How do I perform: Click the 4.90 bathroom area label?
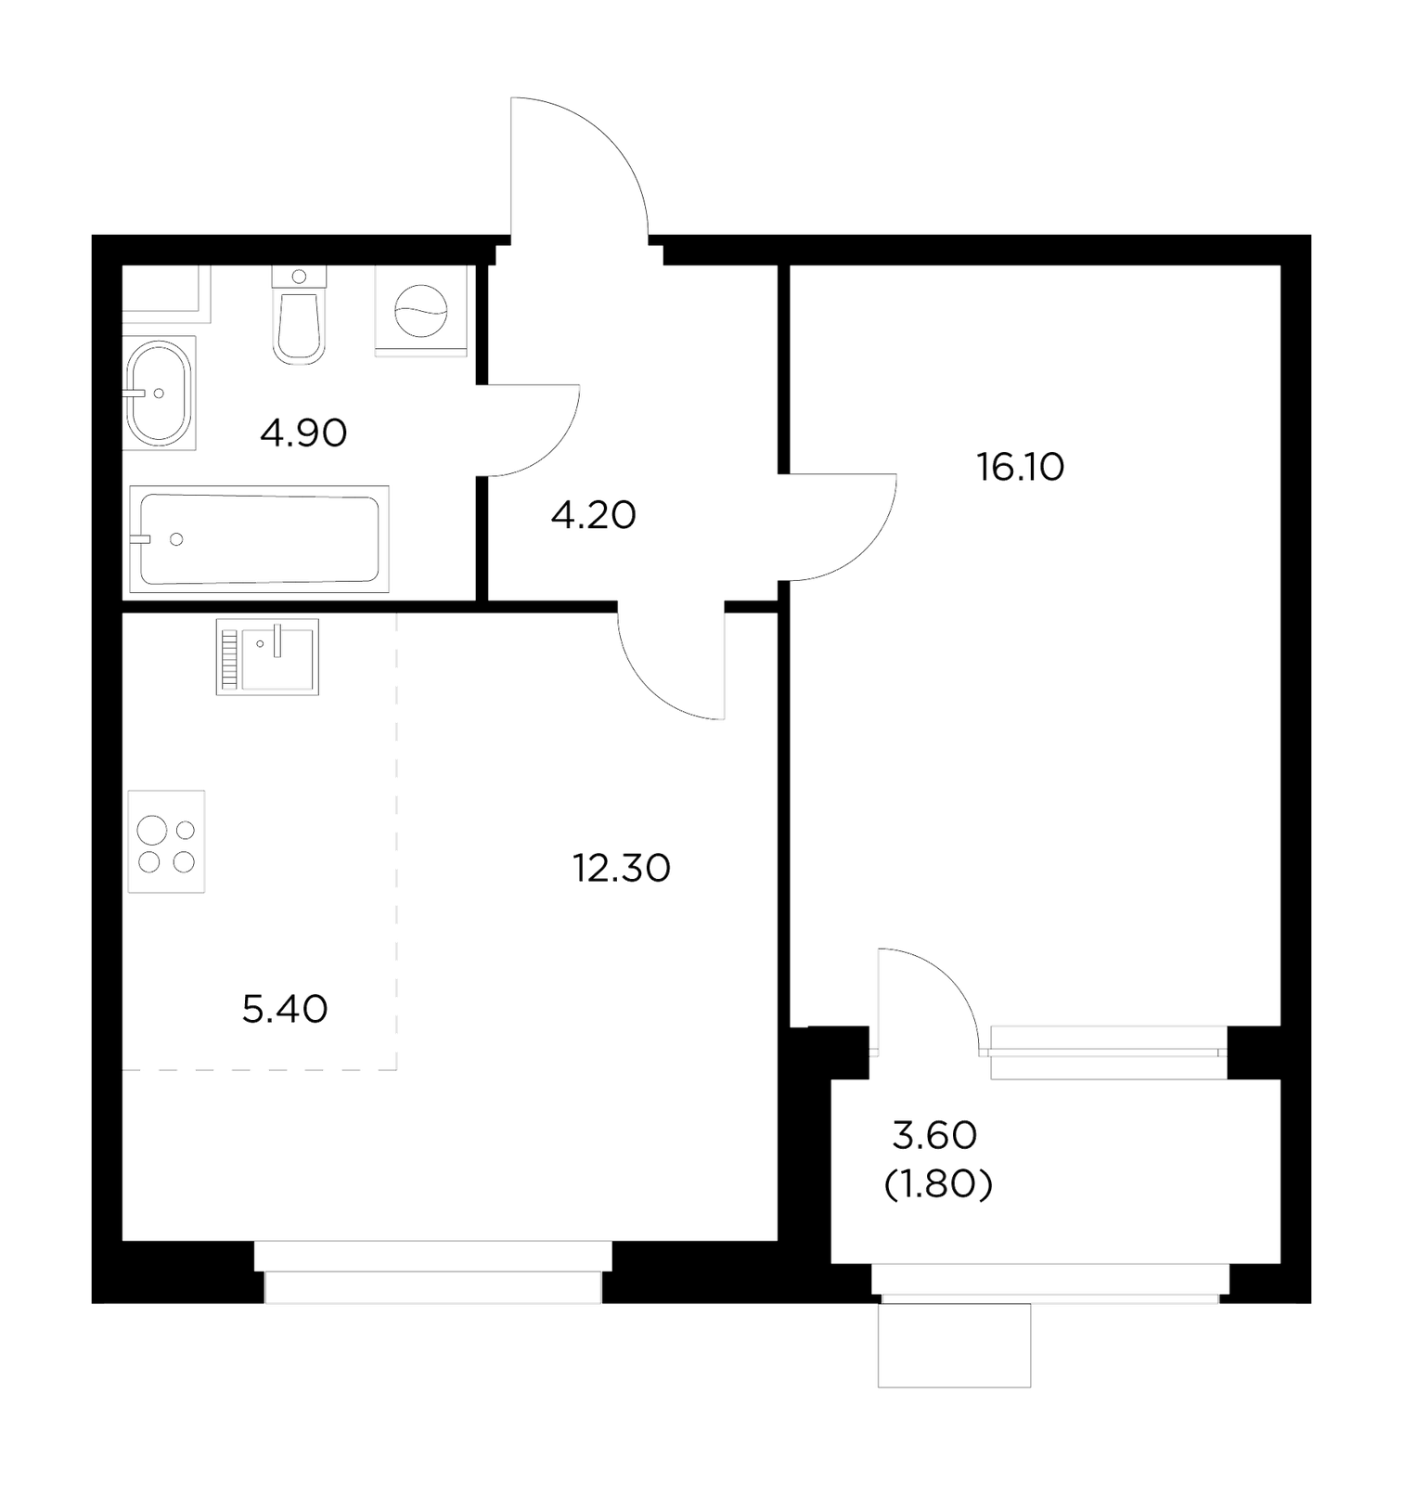[303, 433]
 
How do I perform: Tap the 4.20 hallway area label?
[593, 515]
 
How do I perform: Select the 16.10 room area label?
[1020, 467]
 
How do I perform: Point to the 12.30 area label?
[621, 869]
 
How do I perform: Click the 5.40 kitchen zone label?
[285, 1009]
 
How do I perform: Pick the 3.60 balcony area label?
[934, 1134]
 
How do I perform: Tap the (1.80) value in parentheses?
[938, 1184]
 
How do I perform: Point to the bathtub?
[259, 538]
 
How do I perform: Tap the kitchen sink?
[267, 657]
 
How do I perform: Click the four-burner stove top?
[166, 841]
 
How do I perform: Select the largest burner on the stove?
[152, 829]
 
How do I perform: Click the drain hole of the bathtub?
[176, 539]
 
